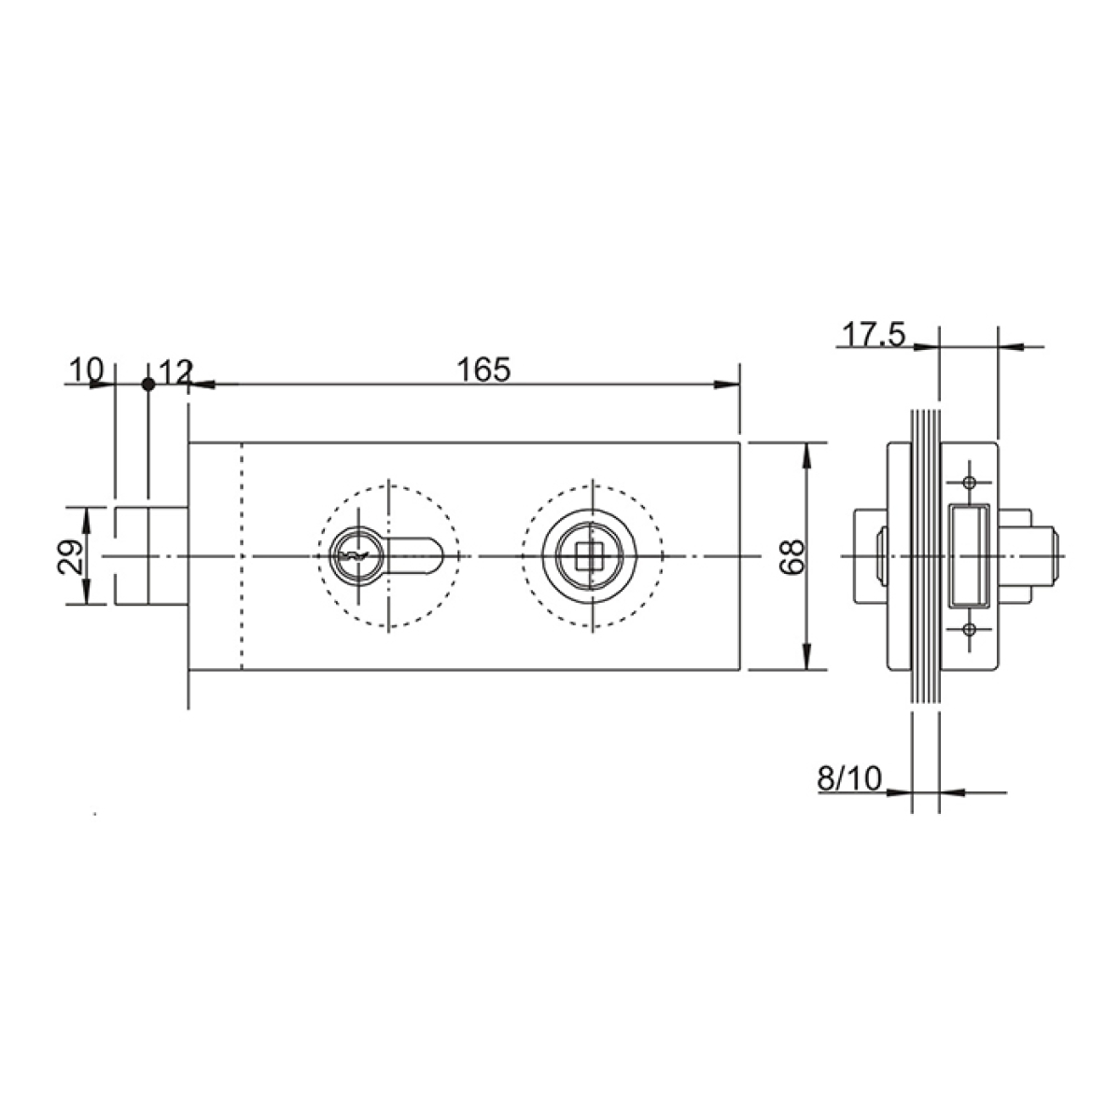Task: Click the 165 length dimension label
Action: click(483, 370)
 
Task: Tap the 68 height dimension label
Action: click(791, 557)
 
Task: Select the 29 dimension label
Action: click(70, 557)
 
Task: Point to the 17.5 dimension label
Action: click(874, 335)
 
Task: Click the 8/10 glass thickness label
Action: click(849, 777)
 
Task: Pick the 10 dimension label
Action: click(86, 370)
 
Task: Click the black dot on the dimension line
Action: click(148, 385)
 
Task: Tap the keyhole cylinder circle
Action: click(357, 555)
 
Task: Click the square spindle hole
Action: click(588, 556)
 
